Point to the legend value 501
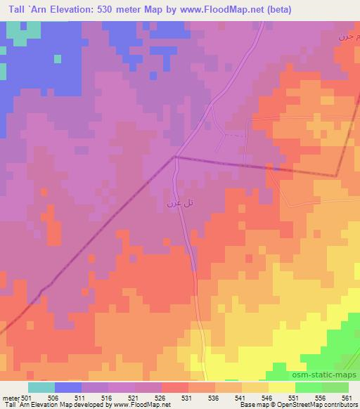pos(27,398)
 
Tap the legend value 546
pos(268,398)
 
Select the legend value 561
pos(347,398)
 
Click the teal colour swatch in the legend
pos(41,387)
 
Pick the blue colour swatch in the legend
pos(67,387)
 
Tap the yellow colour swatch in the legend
pos(281,387)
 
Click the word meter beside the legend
pos(9,398)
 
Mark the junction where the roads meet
pos(175,157)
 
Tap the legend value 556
pos(321,398)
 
